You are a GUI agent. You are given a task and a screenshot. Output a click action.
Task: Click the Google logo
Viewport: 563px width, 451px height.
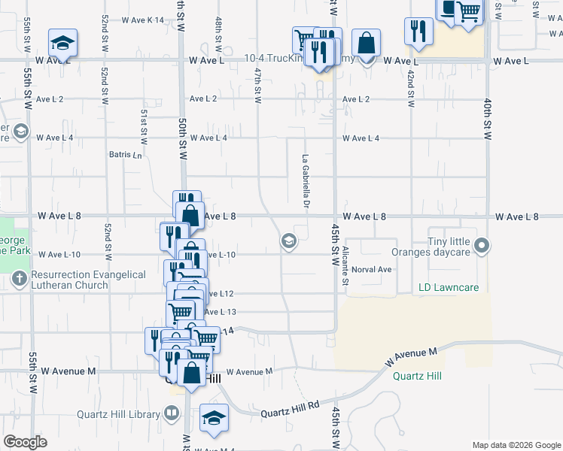click(x=25, y=442)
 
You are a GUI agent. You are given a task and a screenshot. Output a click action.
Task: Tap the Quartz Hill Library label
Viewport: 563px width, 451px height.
click(x=117, y=414)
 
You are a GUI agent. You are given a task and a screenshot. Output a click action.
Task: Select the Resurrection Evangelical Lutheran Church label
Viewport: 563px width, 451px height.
click(x=89, y=280)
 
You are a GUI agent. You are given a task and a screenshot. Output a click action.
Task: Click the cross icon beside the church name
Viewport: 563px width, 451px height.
click(x=20, y=280)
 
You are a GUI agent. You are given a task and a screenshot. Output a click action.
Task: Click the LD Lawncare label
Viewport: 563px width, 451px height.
click(x=449, y=288)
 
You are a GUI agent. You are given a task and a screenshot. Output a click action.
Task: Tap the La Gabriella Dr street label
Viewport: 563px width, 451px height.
click(x=306, y=181)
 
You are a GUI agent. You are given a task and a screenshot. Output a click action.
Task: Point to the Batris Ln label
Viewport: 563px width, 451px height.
click(x=126, y=155)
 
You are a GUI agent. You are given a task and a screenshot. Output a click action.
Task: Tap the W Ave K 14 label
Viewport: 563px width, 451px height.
click(x=140, y=20)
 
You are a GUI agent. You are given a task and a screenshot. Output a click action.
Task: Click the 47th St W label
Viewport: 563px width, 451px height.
click(x=258, y=85)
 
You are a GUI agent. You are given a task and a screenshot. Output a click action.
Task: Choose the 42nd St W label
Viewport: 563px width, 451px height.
click(x=411, y=88)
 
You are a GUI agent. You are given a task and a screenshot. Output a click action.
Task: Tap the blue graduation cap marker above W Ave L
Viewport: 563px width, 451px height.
click(x=63, y=42)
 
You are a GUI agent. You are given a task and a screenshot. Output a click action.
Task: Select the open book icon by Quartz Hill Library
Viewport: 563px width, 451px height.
click(x=172, y=414)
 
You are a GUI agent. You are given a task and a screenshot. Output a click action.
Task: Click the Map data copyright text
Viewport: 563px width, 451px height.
click(x=515, y=445)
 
